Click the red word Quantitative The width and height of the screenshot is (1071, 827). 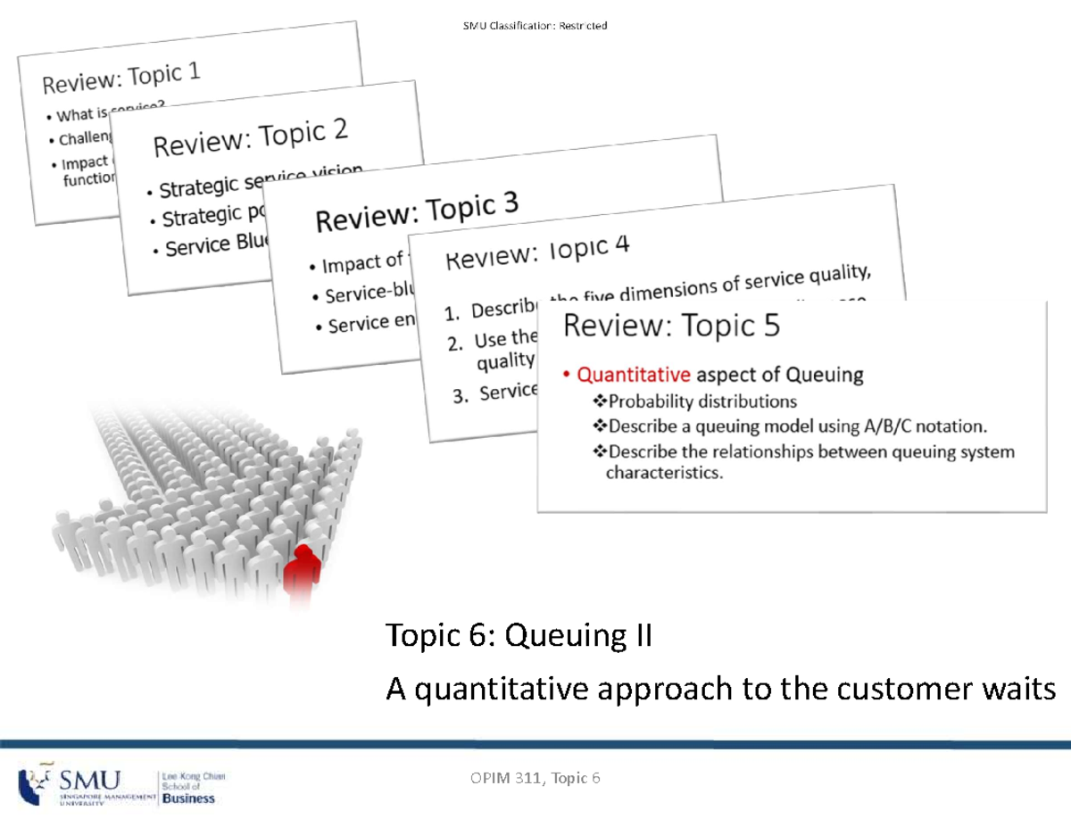[x=634, y=375]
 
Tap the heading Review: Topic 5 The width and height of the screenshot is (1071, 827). [x=671, y=327]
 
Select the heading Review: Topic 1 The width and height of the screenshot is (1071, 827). [x=121, y=79]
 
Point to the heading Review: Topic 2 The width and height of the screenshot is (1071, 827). [x=251, y=137]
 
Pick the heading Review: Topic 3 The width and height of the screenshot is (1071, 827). [x=416, y=214]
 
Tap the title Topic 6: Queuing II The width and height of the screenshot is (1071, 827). [x=519, y=636]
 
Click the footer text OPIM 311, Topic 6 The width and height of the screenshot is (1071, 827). [x=535, y=779]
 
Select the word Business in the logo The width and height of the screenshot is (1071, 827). [x=188, y=798]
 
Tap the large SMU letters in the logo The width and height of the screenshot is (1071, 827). [x=90, y=779]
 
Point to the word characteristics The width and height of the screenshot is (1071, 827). [x=662, y=474]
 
